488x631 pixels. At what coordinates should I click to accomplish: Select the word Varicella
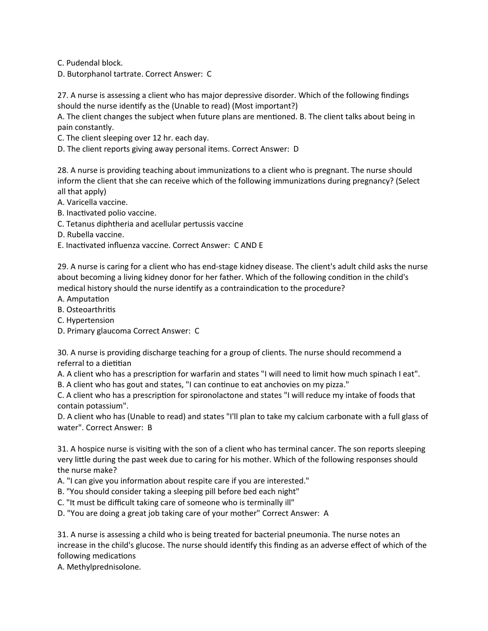82,202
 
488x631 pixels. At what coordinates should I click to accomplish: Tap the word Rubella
80,235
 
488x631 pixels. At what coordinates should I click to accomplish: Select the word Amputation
88,299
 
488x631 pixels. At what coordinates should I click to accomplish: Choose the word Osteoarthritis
91,310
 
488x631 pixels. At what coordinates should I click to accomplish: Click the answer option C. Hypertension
86,320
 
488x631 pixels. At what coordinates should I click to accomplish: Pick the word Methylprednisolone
103,567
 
